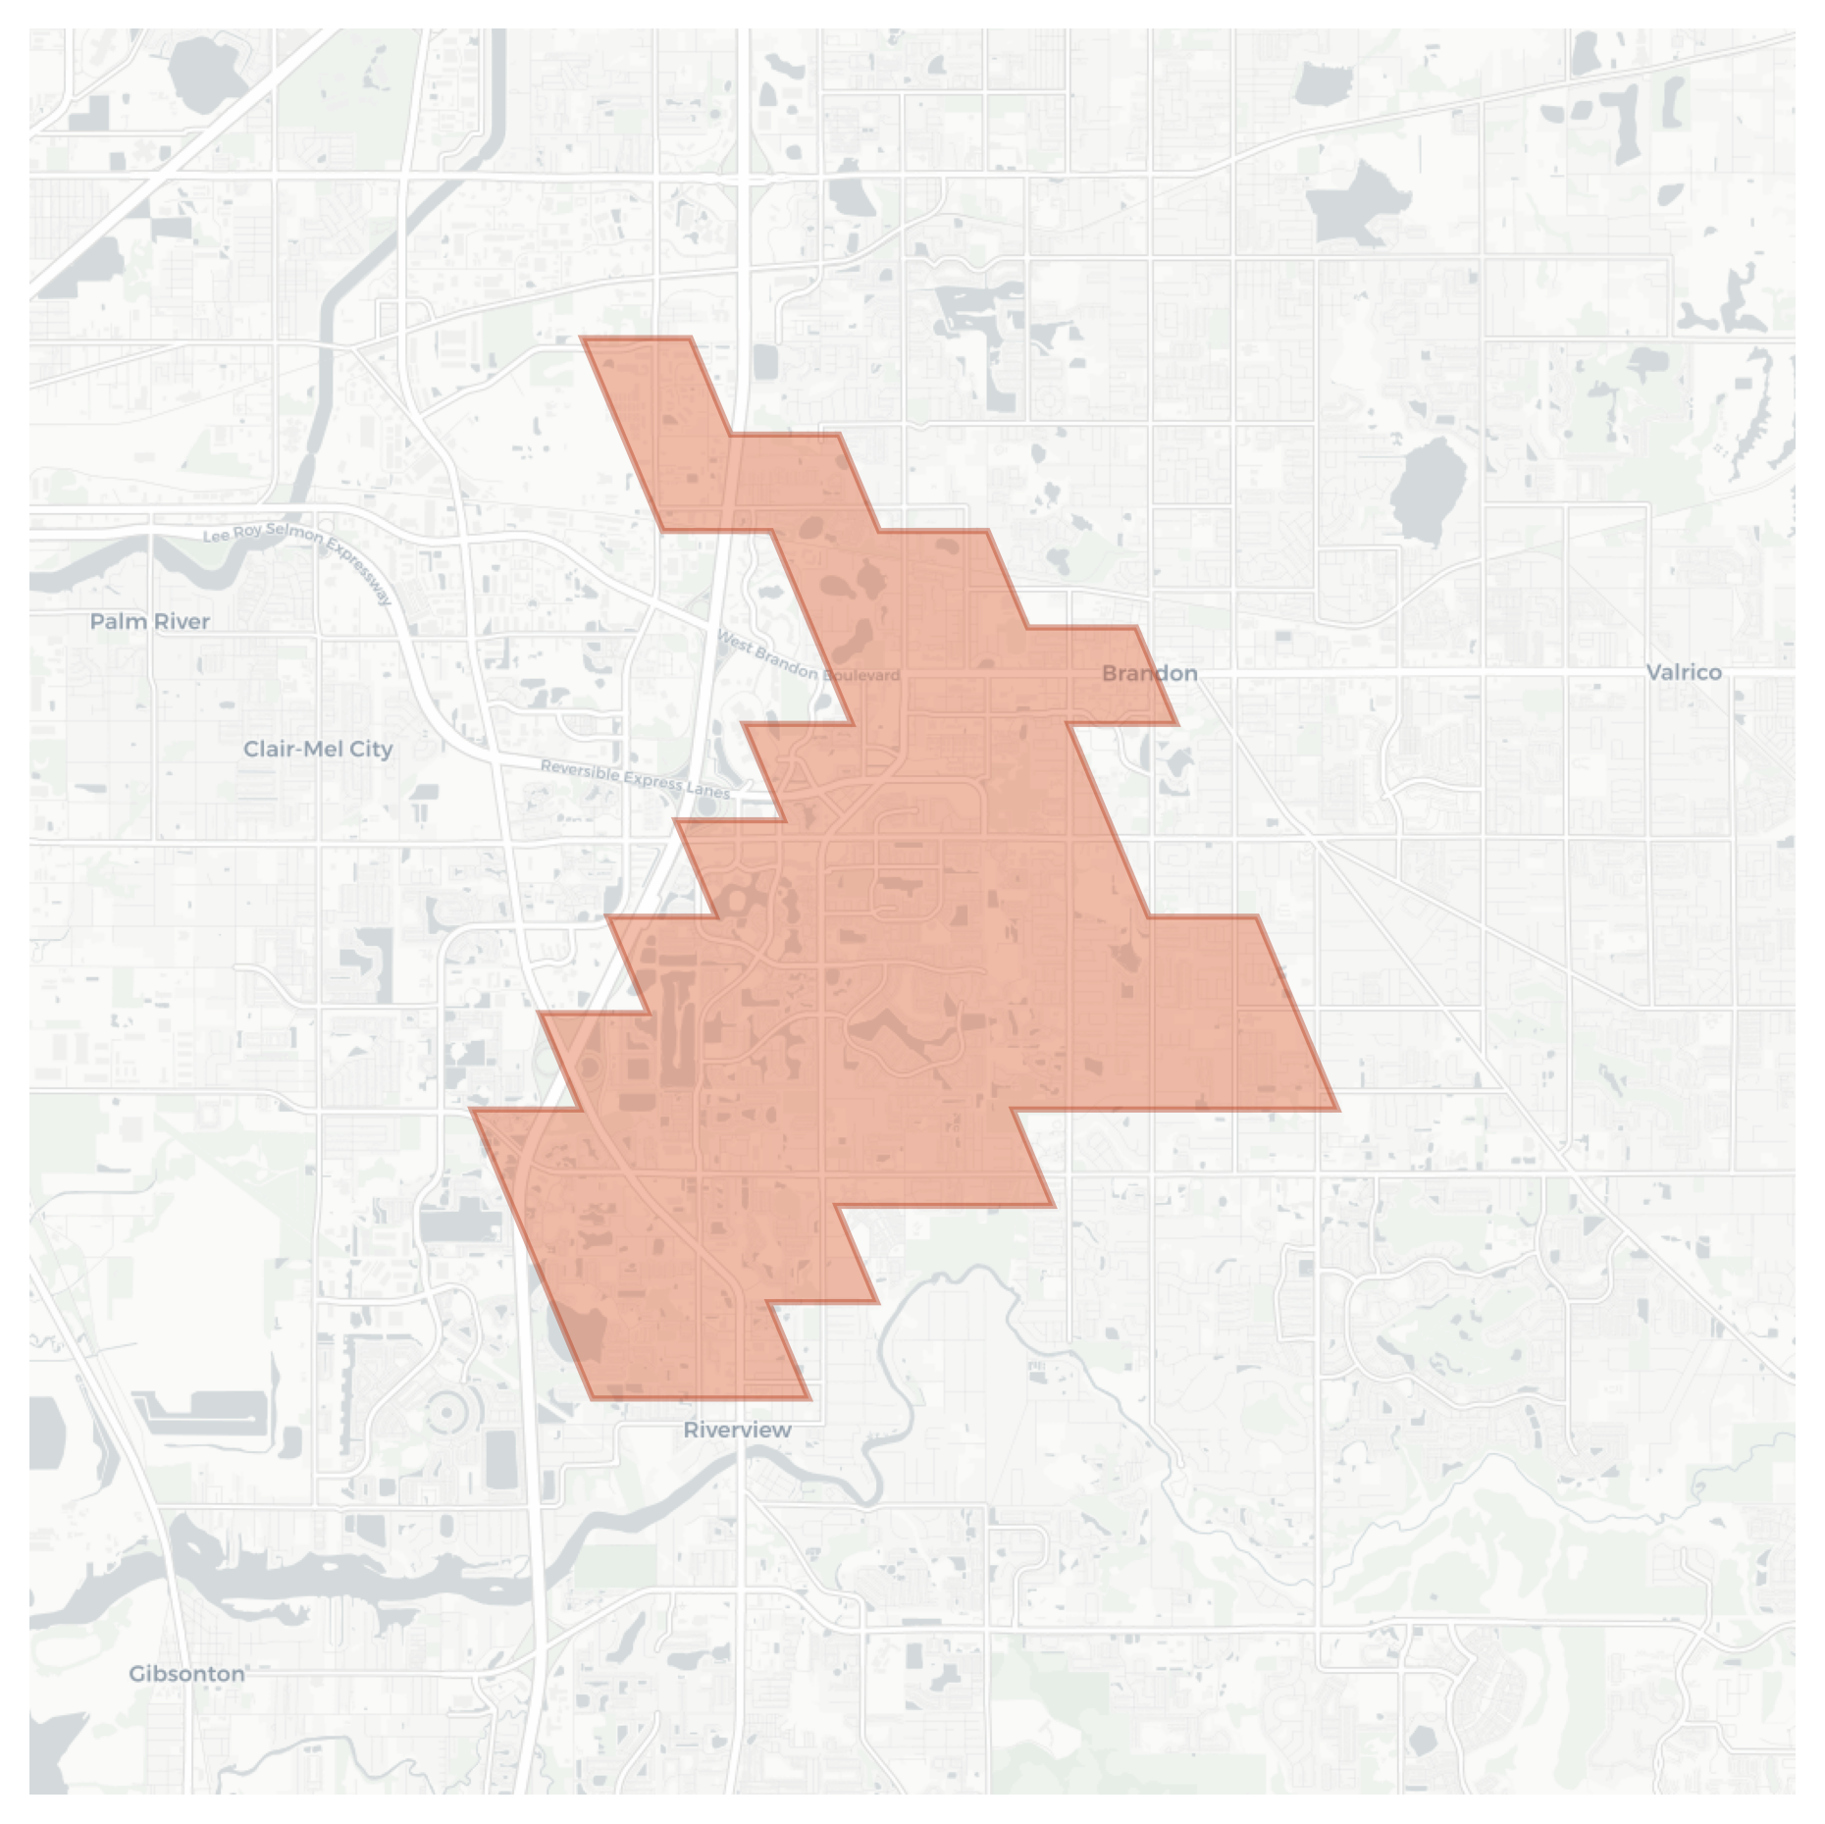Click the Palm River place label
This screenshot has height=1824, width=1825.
[x=150, y=621]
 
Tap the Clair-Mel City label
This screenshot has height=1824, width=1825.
[x=318, y=749]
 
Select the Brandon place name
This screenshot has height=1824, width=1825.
[x=1149, y=673]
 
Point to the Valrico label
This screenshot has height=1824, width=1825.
[x=1684, y=672]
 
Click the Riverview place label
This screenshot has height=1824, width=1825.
[x=737, y=1430]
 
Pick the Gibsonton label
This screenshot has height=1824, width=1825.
[x=186, y=1673]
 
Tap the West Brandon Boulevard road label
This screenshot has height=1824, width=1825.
[x=808, y=657]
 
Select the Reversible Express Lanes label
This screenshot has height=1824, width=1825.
[x=635, y=778]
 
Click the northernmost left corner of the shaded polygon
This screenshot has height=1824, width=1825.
[x=583, y=338]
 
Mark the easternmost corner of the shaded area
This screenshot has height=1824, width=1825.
[x=1338, y=1110]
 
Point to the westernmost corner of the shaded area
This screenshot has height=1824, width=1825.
[x=472, y=1110]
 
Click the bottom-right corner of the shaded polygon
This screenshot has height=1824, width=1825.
[x=809, y=1398]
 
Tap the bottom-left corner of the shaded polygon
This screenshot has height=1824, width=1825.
[x=593, y=1398]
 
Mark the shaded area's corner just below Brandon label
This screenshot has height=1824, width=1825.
[x=1176, y=724]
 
